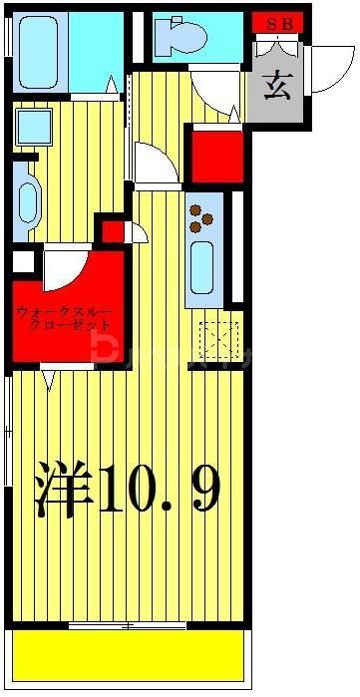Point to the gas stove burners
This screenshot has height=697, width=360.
point(203,215)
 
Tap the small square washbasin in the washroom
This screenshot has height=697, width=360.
point(33,127)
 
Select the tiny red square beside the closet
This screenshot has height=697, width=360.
point(114,232)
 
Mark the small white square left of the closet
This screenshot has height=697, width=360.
point(21,263)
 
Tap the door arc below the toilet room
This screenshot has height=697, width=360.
point(211,92)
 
